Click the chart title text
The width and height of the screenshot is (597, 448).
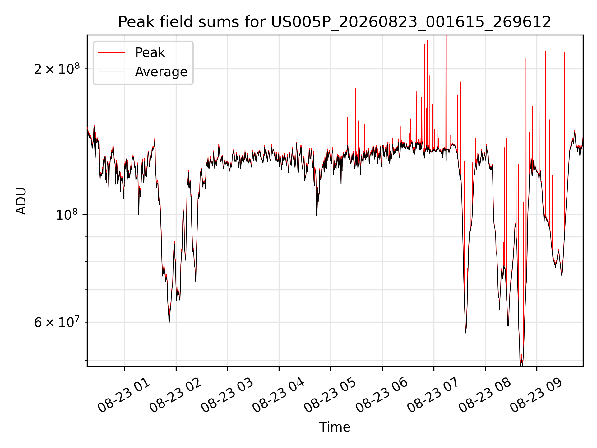[x=335, y=22]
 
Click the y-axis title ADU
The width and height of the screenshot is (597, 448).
[x=21, y=201]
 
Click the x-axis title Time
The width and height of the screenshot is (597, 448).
[x=335, y=427]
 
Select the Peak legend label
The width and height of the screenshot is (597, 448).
[x=150, y=53]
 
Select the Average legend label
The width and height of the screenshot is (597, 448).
[x=161, y=72]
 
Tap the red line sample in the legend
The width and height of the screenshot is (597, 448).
[x=111, y=53]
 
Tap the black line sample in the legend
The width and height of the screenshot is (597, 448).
[x=111, y=72]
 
